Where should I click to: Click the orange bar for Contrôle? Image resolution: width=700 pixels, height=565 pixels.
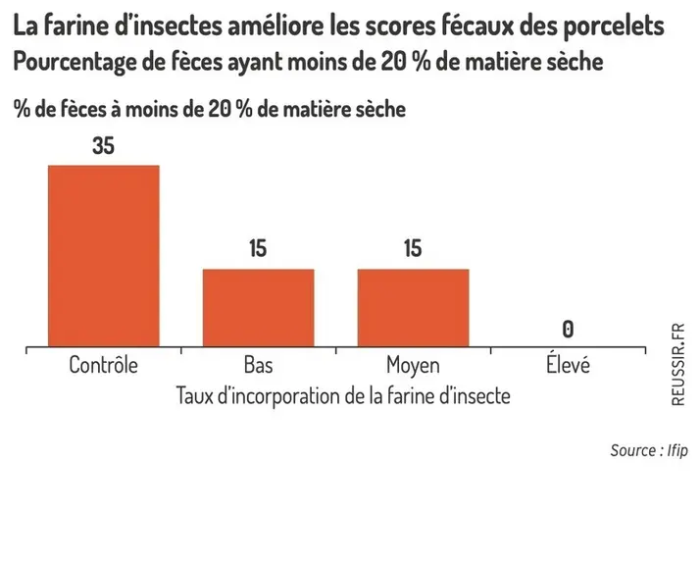(x=104, y=256)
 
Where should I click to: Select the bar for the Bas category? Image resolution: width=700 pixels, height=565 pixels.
(x=259, y=308)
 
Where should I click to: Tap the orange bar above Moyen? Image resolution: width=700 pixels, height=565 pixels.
(x=414, y=308)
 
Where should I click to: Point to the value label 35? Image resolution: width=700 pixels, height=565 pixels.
(x=104, y=146)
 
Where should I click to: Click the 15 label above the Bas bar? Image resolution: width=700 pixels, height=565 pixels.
(x=258, y=248)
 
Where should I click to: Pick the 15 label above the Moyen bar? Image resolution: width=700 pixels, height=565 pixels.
(x=413, y=248)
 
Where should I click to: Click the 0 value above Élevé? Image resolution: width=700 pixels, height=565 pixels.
(x=568, y=330)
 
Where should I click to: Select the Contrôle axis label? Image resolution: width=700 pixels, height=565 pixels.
(x=104, y=365)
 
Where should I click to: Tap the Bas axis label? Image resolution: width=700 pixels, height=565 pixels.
(x=259, y=365)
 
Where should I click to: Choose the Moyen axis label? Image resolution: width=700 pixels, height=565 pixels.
(x=414, y=365)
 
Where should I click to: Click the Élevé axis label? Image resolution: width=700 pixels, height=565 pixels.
(x=568, y=363)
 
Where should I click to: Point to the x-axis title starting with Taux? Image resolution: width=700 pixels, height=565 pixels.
(x=343, y=395)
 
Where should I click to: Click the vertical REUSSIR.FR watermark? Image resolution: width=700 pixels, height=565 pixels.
(x=677, y=365)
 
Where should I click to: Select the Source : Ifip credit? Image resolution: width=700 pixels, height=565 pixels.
(x=649, y=450)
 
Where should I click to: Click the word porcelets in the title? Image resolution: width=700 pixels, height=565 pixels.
(x=614, y=26)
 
